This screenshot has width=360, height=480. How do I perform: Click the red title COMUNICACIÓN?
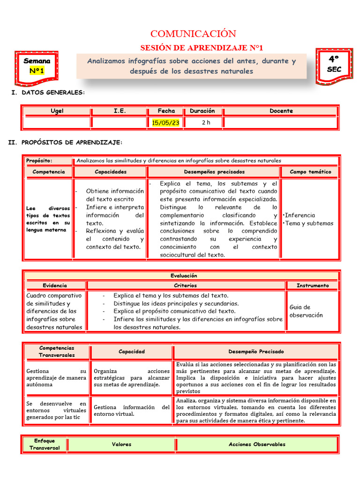pos(193,34)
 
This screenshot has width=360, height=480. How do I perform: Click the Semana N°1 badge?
pos(37,66)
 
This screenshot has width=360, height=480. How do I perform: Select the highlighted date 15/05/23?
pos(166,123)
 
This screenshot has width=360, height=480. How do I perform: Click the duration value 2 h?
pos(206,123)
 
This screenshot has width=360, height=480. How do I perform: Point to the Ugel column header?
pos(57,111)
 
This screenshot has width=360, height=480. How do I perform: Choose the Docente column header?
pos(281,111)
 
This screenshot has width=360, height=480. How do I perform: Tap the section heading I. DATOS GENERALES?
pos(48,93)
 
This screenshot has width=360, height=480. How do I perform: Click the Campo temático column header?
pos(310,172)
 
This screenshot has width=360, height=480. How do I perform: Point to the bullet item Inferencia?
pos(300,215)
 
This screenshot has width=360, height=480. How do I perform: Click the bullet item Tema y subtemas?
pos(309,223)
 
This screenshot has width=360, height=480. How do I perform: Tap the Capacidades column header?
pos(111,172)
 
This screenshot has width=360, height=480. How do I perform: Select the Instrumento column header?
pos(313,285)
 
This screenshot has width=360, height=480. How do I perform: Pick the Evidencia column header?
pos(55,285)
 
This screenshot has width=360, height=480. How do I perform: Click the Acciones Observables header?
pos(257,444)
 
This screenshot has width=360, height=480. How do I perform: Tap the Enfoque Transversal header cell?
pos(45,444)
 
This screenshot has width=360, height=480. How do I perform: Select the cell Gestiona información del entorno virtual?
pos(132,411)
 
